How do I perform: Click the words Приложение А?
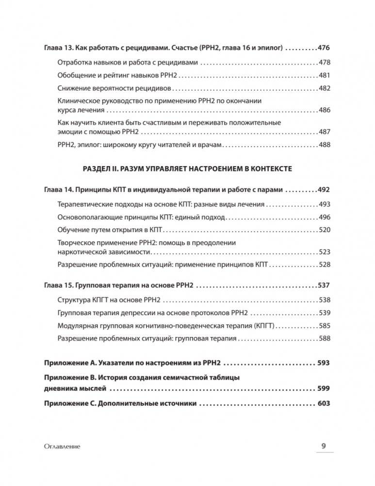67,363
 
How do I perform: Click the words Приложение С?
67,403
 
